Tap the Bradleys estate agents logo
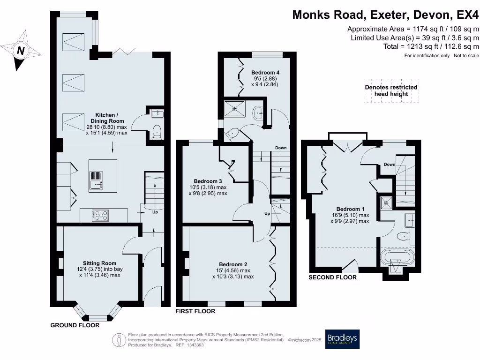click(342, 339)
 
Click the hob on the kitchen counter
click(100, 215)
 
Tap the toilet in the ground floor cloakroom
click(157, 132)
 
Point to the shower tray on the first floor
click(234, 109)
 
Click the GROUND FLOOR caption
click(75, 325)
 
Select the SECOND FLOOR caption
click(332, 277)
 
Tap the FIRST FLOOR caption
click(195, 311)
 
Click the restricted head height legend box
click(391, 90)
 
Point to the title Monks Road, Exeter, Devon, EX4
click(385, 15)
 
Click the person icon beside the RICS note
click(119, 340)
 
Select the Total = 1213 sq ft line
click(431, 46)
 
